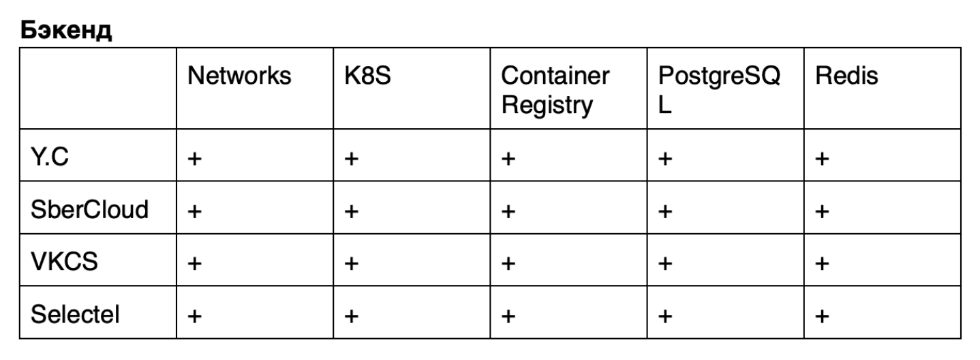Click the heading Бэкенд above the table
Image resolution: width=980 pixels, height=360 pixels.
65,30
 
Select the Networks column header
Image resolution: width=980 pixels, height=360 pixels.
239,76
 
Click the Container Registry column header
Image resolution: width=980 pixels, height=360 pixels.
555,90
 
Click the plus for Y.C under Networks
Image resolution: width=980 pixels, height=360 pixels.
195,160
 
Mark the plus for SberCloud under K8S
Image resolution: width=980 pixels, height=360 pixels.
352,211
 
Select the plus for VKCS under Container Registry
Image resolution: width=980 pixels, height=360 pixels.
508,263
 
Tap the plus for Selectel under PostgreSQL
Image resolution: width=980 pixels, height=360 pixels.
665,316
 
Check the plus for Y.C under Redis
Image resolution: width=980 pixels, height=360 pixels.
822,160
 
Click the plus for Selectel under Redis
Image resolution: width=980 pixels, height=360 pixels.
822,316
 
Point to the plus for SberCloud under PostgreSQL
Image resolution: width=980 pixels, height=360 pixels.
665,211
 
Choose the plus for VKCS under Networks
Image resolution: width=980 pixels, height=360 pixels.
195,263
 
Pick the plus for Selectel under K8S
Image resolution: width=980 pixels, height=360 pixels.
352,316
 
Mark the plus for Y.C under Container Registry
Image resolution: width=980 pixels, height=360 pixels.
508,160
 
